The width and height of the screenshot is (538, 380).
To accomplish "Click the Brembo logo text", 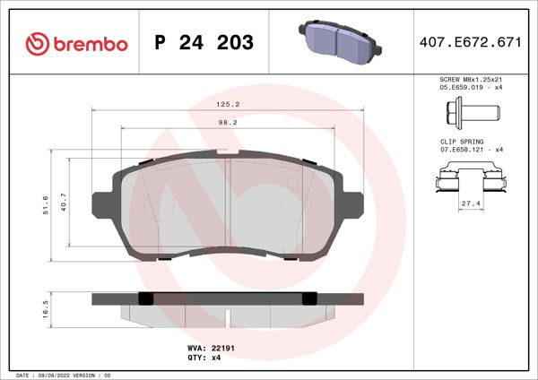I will [x=87, y=44].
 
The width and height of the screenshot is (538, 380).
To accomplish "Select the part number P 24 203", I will [x=204, y=43].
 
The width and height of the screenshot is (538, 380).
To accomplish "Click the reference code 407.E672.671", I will [x=471, y=43].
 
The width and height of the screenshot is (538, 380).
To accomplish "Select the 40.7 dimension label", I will [x=63, y=204].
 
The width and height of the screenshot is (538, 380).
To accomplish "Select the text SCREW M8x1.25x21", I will [x=470, y=81].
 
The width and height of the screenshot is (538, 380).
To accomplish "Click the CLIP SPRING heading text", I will [x=461, y=142].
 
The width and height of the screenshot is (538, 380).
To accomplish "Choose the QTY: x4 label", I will [x=204, y=357].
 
